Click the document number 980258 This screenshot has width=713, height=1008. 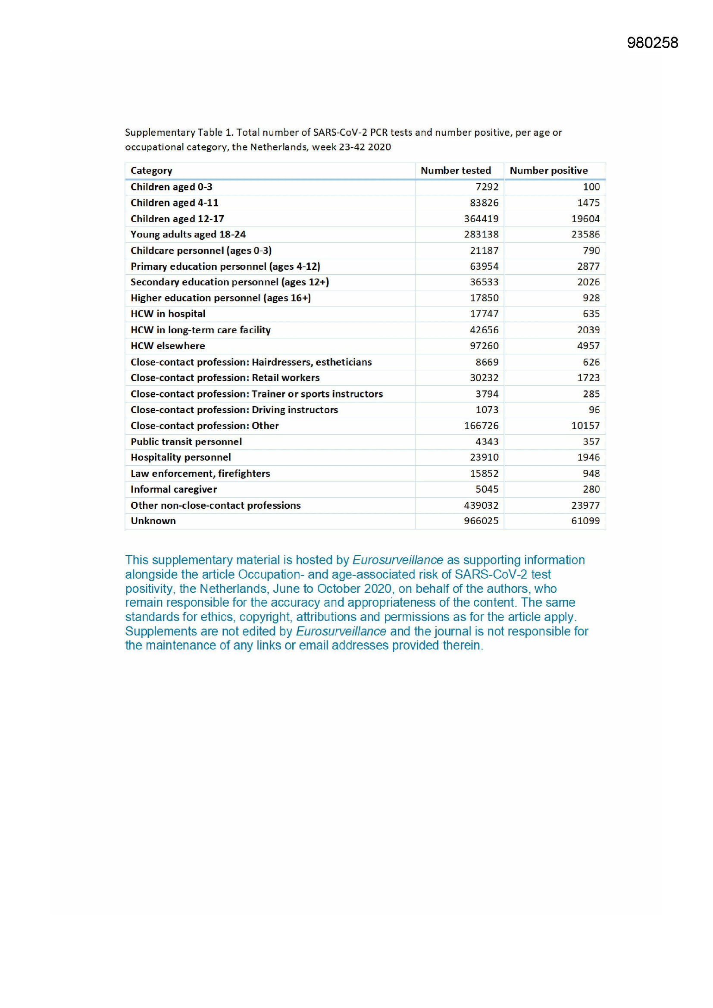click(x=652, y=43)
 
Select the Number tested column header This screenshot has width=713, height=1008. click(x=455, y=170)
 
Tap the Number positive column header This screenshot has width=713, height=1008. click(x=548, y=170)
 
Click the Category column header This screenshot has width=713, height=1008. click(x=151, y=170)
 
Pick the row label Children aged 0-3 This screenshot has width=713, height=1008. click(x=171, y=187)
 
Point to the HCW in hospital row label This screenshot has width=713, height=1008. click(x=168, y=314)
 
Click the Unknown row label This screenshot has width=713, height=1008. click(x=153, y=521)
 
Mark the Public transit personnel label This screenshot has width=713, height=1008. click(x=186, y=441)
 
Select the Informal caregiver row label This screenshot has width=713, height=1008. click(x=173, y=489)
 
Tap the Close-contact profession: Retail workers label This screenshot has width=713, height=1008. click(x=225, y=378)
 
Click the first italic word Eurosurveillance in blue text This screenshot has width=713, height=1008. click(x=397, y=560)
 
